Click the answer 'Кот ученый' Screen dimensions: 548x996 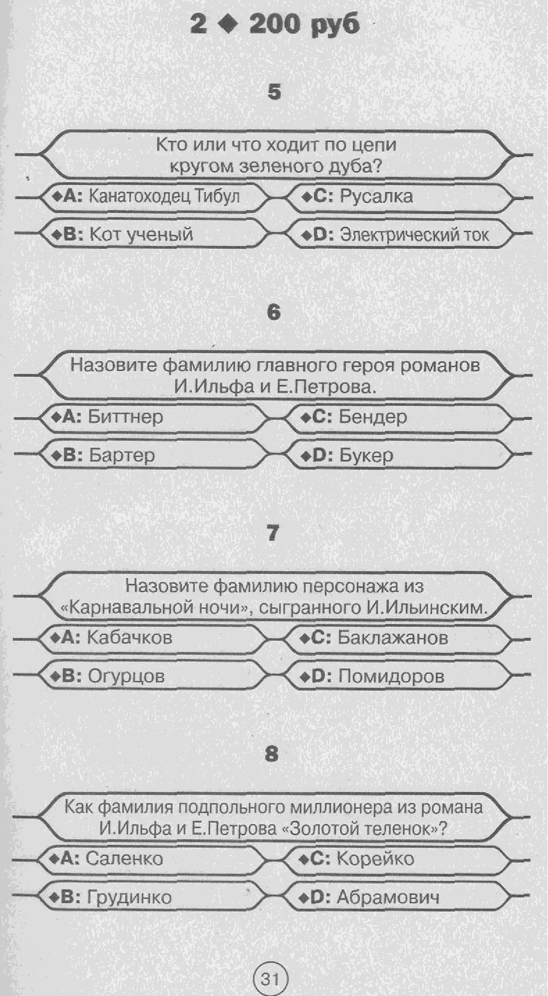coord(141,234)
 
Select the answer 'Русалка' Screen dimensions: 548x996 coord(376,196)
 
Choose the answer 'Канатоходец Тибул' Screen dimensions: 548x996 coord(164,196)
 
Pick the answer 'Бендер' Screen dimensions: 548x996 coord(373,417)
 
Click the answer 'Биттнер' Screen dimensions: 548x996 coord(125,417)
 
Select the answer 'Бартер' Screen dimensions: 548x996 coord(122,455)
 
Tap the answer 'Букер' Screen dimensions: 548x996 coord(366,455)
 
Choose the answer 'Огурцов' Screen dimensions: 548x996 coord(126,676)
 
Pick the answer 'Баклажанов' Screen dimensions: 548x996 coord(393,638)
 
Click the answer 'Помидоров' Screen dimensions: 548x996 coord(391,676)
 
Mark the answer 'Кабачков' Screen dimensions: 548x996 coord(130,638)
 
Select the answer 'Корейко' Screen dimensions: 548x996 coord(375,858)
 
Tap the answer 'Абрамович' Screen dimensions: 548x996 coord(388,897)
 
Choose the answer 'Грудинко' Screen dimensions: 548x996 coord(129,897)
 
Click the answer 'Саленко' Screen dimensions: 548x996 coord(125,858)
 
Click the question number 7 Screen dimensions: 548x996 coord(273,533)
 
